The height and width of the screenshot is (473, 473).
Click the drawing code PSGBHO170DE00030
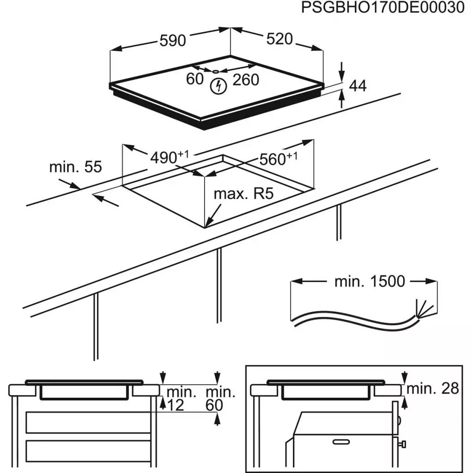coord(382,8)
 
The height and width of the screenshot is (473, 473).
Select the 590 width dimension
coord(172,41)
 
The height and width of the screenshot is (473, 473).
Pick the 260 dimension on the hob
coord(245,80)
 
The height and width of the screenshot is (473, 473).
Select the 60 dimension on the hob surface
coord(195,79)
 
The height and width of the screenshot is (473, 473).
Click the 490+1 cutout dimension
coord(169,158)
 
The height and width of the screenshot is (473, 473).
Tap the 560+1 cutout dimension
coord(277,159)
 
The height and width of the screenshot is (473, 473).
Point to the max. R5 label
coord(243,194)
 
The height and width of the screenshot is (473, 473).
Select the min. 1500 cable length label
coord(369,281)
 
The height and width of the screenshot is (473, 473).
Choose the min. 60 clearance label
coord(220,399)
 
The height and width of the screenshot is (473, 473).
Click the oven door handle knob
coord(403,444)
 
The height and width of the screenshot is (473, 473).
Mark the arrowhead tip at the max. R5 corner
coord(207,226)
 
